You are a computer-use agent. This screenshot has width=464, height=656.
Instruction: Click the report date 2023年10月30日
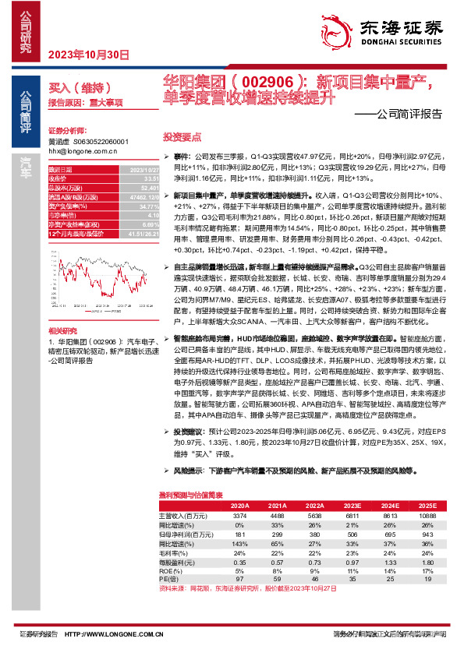point(87,55)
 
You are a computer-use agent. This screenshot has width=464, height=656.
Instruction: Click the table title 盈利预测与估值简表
point(190,495)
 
